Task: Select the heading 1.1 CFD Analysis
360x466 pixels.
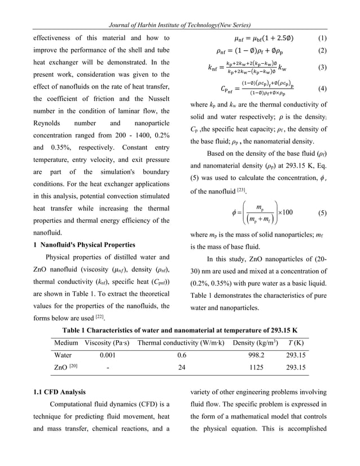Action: pos(58,392)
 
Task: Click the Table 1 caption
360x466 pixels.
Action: pos(180,329)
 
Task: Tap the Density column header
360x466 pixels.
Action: pos(260,343)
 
